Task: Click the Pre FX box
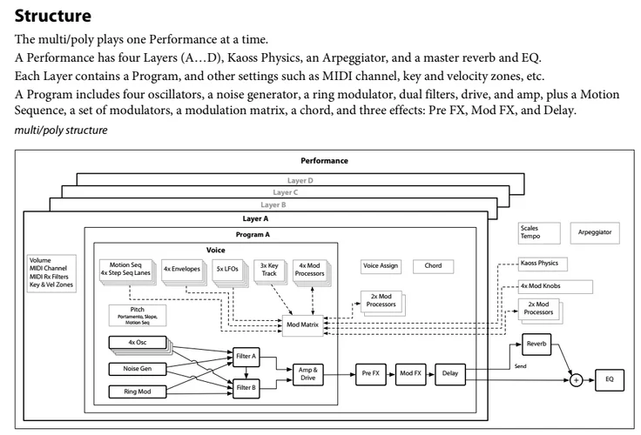pyautogui.click(x=369, y=373)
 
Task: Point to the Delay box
pyautogui.click(x=449, y=373)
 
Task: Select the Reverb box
pyautogui.click(x=536, y=344)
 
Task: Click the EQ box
pyautogui.click(x=609, y=378)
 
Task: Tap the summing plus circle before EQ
pyautogui.click(x=576, y=378)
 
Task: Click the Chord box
pyautogui.click(x=433, y=265)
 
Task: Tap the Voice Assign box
pyautogui.click(x=381, y=265)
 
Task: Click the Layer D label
pyautogui.click(x=300, y=179)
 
